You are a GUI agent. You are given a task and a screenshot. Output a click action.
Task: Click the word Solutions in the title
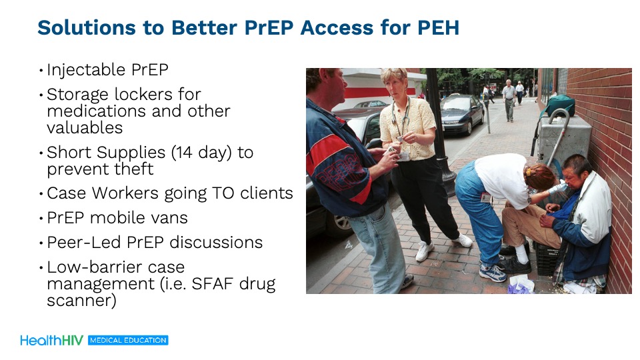86,28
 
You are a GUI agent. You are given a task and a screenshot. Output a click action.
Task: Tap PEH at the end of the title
438,28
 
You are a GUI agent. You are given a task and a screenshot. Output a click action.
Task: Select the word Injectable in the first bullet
86,70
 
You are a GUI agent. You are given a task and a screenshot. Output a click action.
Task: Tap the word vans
170,218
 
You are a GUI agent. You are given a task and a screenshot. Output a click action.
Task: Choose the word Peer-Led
84,243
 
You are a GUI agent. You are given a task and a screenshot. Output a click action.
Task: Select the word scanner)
81,301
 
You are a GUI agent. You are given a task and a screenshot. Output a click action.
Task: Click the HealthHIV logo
52,341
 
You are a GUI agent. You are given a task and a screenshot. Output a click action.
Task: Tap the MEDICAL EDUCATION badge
128,341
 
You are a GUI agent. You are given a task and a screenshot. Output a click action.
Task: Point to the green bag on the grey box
560,105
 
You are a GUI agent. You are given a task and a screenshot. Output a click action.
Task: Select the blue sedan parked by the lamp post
462,113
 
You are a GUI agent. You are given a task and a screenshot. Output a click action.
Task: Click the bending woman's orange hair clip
529,171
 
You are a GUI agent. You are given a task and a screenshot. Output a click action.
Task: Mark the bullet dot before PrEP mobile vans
41,219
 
